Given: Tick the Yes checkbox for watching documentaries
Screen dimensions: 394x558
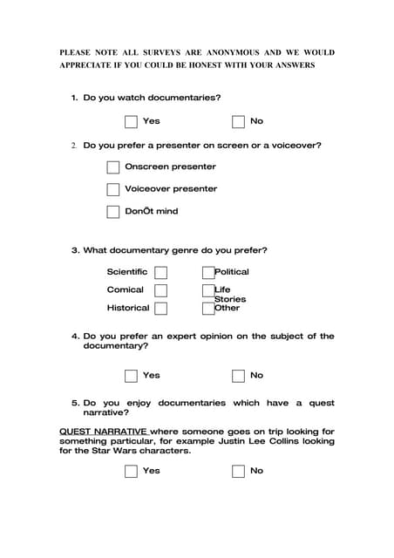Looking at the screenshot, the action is click(131, 122).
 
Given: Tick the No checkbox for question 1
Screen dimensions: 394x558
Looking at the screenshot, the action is click(238, 122).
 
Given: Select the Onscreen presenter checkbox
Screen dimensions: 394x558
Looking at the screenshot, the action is click(113, 167).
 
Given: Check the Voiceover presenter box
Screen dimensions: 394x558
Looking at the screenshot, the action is click(113, 189).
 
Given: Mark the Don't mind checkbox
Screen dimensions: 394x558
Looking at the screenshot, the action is click(113, 211).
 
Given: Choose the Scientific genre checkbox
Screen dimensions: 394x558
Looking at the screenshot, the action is click(160, 272).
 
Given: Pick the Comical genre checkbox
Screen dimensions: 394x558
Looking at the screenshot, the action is click(160, 290).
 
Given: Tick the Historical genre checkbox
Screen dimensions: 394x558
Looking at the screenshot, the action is click(160, 308).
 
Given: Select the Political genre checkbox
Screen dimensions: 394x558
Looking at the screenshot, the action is click(208, 272).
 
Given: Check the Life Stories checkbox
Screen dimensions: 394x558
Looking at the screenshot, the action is click(208, 290).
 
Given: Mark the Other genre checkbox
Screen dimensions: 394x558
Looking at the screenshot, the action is click(208, 308).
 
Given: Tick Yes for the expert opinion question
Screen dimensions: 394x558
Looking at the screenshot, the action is click(131, 376).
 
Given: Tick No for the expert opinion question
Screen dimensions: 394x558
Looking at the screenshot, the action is click(238, 376).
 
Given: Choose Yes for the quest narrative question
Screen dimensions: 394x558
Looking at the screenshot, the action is click(131, 472).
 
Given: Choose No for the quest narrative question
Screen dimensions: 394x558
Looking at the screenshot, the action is click(238, 472).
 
